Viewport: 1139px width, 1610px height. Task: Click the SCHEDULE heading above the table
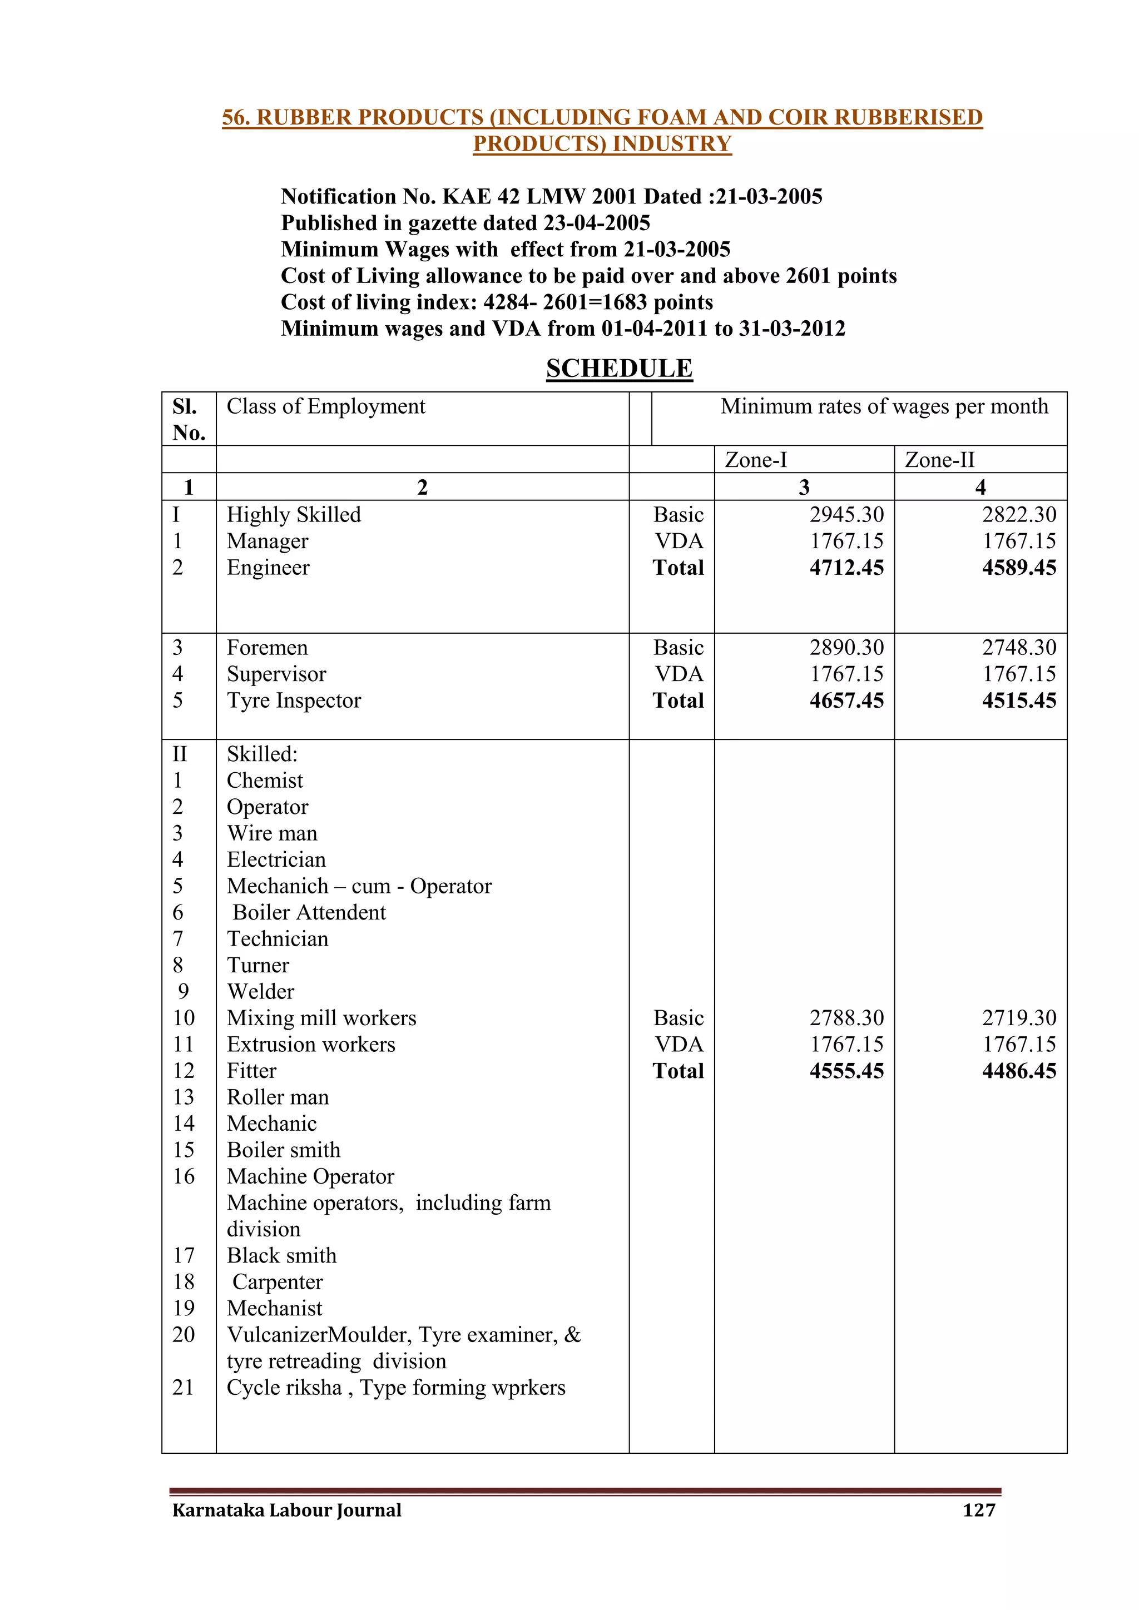click(620, 368)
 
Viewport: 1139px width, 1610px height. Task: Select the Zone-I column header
click(755, 460)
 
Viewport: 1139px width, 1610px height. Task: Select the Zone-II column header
click(939, 460)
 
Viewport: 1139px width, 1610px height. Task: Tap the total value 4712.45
click(846, 567)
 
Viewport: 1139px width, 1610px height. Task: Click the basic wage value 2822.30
click(1018, 515)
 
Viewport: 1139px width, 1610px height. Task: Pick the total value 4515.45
click(1018, 700)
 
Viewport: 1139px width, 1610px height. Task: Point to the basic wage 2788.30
click(846, 1017)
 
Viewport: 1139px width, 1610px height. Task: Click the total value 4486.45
click(1018, 1071)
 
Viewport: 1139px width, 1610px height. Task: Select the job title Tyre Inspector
click(294, 700)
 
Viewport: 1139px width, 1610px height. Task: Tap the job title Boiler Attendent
click(309, 912)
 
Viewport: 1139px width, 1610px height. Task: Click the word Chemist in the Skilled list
click(265, 781)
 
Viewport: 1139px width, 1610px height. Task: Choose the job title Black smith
click(282, 1255)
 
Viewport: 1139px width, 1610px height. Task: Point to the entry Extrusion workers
click(311, 1044)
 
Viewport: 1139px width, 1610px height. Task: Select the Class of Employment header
click(326, 407)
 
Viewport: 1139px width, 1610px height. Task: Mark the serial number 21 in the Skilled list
click(184, 1387)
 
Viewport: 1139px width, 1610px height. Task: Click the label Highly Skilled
click(294, 515)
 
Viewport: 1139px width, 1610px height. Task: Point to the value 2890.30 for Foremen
click(846, 647)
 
